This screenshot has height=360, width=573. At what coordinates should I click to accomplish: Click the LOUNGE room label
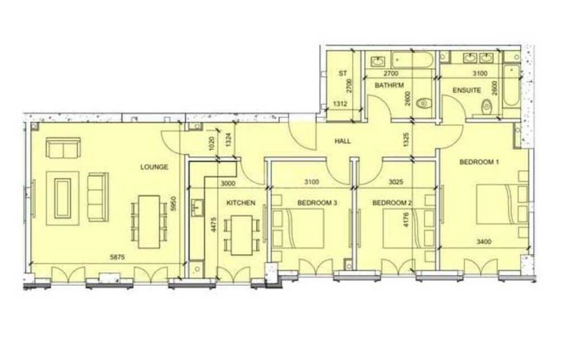[154, 167]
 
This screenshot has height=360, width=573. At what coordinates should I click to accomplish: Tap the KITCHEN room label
[241, 203]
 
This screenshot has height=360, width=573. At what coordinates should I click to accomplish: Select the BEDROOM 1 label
[479, 162]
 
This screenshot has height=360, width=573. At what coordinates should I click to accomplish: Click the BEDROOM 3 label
[317, 203]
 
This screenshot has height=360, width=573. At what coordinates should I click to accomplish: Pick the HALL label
[342, 141]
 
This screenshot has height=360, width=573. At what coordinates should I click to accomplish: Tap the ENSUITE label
[467, 90]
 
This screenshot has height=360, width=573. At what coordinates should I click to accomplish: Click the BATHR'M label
[389, 86]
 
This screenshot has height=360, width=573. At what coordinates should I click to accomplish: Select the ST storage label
[342, 73]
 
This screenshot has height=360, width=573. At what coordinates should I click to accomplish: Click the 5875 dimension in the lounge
[118, 258]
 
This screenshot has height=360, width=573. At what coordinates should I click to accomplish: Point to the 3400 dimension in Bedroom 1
[484, 241]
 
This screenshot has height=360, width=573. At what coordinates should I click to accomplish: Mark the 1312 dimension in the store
[340, 104]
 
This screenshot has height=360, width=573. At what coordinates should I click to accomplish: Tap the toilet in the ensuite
[487, 106]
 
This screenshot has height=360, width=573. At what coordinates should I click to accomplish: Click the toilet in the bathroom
[424, 104]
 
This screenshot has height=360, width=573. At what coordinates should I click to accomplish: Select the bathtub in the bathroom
[412, 59]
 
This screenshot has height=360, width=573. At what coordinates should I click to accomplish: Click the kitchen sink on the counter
[198, 208]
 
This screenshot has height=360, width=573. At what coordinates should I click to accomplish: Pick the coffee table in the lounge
[63, 198]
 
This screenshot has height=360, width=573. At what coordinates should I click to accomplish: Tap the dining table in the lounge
[149, 222]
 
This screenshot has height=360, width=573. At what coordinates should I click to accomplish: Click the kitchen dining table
[242, 235]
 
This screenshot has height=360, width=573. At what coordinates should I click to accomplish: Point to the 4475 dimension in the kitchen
[214, 225]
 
